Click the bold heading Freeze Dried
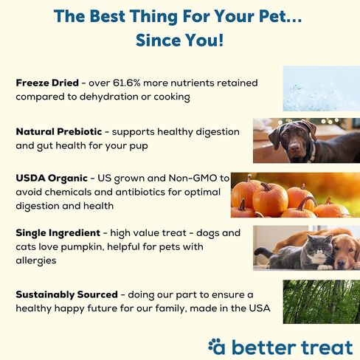pos(47,83)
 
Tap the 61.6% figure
pos(127,83)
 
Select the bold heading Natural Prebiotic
pos(59,132)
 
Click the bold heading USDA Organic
pos(52,179)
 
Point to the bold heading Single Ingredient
pos(58,233)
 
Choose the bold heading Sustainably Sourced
pos(67,294)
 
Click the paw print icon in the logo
pos(213,345)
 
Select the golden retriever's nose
pos(341,263)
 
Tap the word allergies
pos(36,260)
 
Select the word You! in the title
pos(204,40)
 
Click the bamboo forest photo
pos(322,302)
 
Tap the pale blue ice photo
pos(322,89)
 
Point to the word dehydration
pos(108,97)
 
